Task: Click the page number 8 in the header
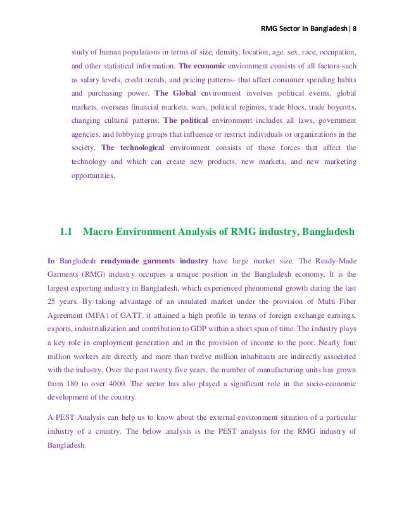pyautogui.click(x=355, y=28)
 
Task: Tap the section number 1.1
pyautogui.click(x=67, y=232)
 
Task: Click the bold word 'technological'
pyautogui.click(x=141, y=148)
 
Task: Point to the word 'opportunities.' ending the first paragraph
pyautogui.click(x=94, y=175)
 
